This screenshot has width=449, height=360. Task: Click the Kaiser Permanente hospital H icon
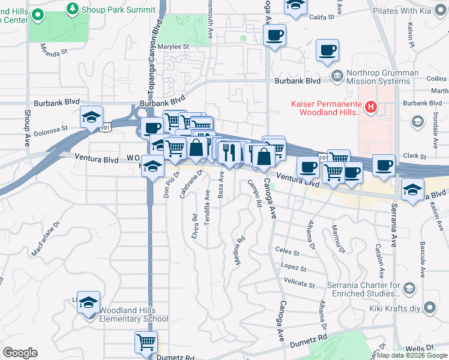click(x=371, y=108)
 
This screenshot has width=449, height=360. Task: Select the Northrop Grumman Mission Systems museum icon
click(x=336, y=76)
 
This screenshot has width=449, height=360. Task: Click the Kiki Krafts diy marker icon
click(x=429, y=308)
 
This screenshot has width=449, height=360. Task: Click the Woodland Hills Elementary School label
click(x=134, y=314)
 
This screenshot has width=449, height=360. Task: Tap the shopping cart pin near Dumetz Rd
click(x=146, y=343)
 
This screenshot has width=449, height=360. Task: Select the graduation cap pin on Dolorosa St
click(x=91, y=116)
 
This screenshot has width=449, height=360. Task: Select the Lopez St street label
click(x=292, y=267)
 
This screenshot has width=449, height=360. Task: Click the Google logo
click(x=20, y=353)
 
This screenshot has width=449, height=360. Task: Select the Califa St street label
click(x=321, y=18)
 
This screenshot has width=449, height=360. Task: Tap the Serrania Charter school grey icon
click(x=410, y=289)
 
